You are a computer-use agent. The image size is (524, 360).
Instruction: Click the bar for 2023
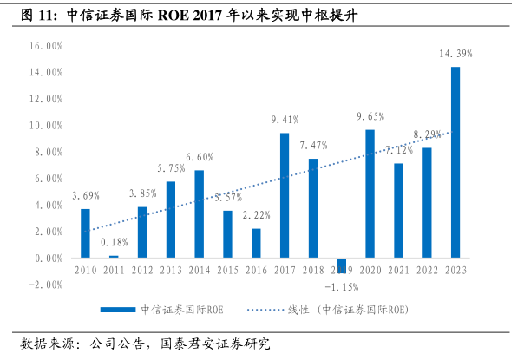(455, 162)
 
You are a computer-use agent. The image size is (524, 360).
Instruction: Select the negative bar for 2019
(342, 265)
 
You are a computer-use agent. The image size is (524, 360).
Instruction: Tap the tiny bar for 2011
(114, 256)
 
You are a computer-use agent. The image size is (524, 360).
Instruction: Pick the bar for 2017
(285, 195)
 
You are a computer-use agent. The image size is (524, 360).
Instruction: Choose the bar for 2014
(200, 213)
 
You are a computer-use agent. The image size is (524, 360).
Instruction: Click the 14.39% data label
(455, 54)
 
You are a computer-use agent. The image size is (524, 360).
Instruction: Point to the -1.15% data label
(342, 286)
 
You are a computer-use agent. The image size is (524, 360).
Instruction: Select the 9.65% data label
(370, 116)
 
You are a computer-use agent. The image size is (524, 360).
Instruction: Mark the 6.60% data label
(200, 157)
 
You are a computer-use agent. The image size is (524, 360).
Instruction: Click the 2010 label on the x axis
(85, 272)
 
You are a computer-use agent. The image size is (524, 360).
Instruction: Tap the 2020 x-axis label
(370, 272)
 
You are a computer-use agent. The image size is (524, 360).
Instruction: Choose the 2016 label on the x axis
(256, 272)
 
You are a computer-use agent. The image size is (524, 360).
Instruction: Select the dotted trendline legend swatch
(278, 309)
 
